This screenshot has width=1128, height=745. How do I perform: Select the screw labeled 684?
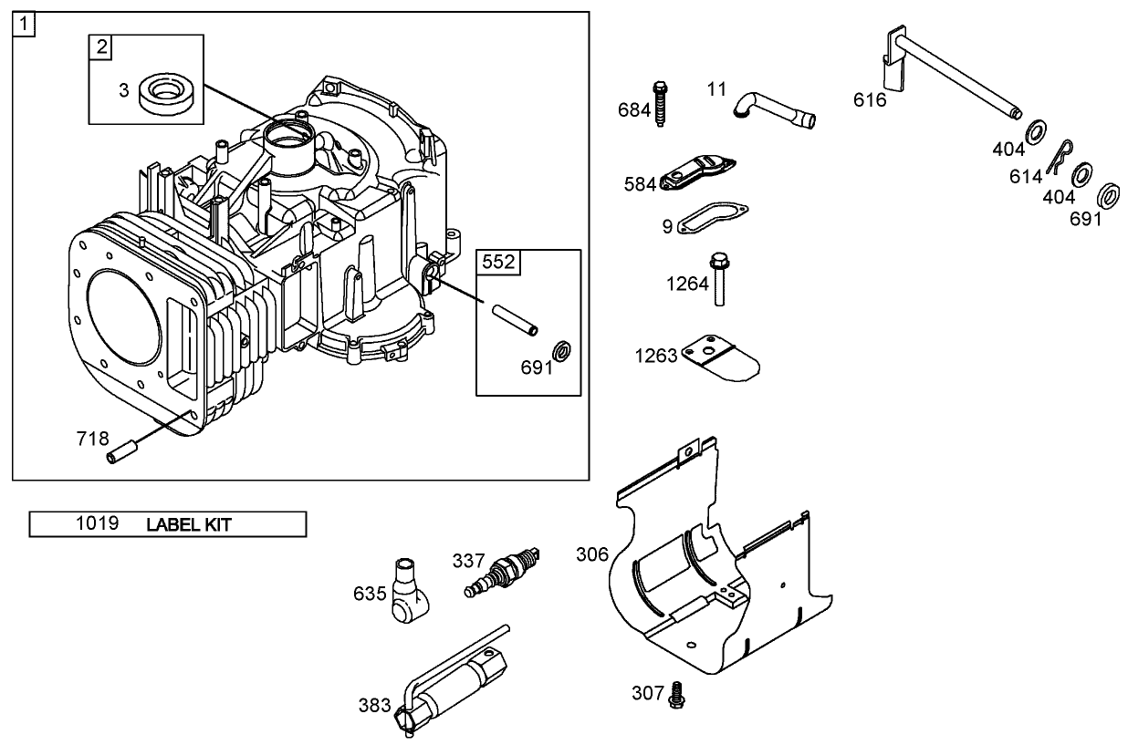pyautogui.click(x=661, y=105)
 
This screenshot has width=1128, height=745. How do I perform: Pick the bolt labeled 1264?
pyautogui.click(x=721, y=280)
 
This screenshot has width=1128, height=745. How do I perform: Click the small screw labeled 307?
pyautogui.click(x=676, y=694)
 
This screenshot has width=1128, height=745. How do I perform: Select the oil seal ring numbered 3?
pyautogui.click(x=170, y=95)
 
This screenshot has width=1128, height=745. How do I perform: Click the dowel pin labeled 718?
pyautogui.click(x=123, y=450)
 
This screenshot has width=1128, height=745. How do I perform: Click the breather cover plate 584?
pyautogui.click(x=697, y=172)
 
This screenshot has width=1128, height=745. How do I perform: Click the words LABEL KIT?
pyautogui.click(x=188, y=524)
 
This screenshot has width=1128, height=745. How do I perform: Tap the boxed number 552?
pyautogui.click(x=498, y=263)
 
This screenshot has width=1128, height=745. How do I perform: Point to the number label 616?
pyautogui.click(x=870, y=100)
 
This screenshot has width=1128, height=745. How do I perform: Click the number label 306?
pyautogui.click(x=591, y=554)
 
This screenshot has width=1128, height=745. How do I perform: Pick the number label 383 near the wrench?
pyautogui.click(x=374, y=705)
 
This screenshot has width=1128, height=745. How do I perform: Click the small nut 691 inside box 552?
pyautogui.click(x=562, y=349)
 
